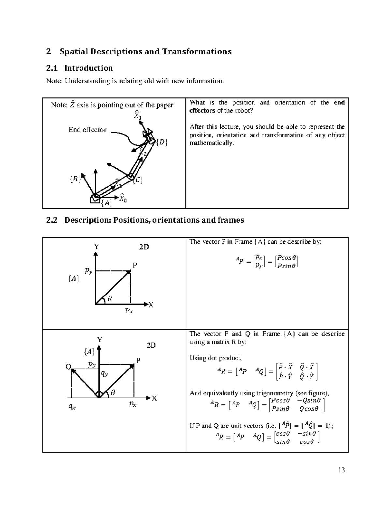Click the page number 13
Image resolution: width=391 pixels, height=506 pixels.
(341, 470)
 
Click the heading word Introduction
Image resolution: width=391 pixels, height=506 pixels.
(89, 68)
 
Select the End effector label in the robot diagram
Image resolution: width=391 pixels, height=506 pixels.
(87, 130)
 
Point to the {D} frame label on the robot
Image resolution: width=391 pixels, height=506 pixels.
(162, 142)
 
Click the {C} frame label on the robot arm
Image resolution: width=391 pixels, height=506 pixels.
(138, 180)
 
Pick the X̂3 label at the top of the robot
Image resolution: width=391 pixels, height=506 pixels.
(137, 115)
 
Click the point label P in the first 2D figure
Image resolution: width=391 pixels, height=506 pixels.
(134, 265)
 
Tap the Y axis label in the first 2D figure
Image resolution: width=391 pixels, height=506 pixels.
(96, 247)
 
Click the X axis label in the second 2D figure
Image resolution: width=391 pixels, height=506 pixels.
(154, 398)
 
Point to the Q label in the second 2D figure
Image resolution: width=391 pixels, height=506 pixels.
(68, 367)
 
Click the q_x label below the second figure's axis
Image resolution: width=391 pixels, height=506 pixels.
(72, 406)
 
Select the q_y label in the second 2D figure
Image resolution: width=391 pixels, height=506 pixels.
(104, 374)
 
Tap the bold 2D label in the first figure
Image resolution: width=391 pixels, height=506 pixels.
(144, 247)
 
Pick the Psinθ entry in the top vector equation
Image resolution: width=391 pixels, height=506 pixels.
(287, 266)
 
